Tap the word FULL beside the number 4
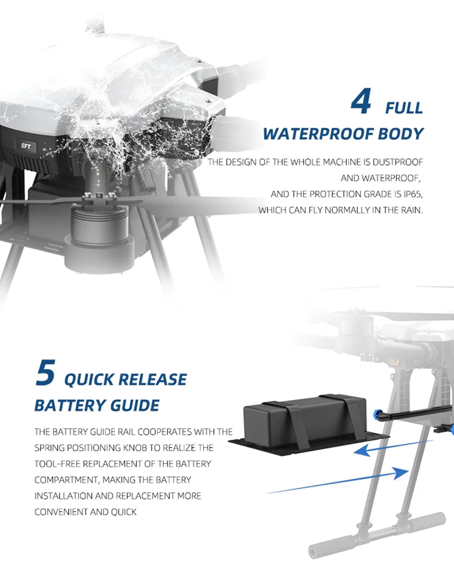(x=404, y=108)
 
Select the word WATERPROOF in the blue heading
(x=318, y=134)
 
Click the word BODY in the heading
(x=401, y=134)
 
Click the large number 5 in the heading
(x=46, y=372)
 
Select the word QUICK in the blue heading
(x=89, y=379)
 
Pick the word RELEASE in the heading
(x=152, y=379)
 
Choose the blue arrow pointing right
(x=338, y=480)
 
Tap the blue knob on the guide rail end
(x=378, y=414)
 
